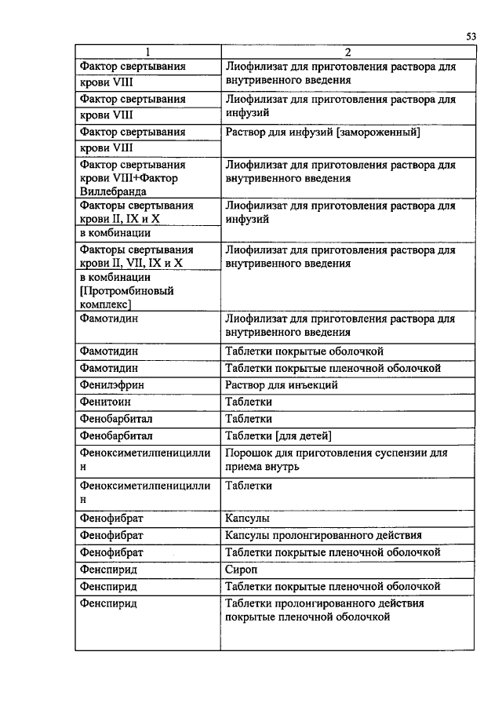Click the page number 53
471,36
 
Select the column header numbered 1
147,53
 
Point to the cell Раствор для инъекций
281,384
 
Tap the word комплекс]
105,304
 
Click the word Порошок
249,453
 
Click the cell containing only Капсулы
247,519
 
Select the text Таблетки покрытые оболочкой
304,351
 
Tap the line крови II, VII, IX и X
131,264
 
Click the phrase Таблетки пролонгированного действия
324,603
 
